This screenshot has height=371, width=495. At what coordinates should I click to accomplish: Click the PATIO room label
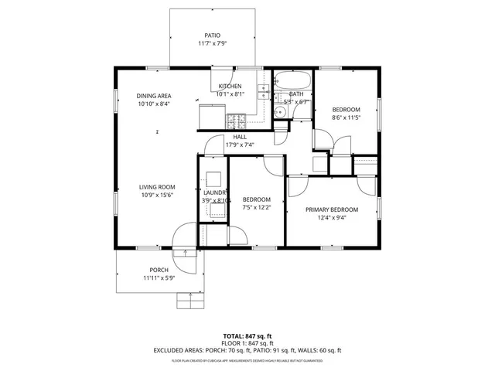(212, 36)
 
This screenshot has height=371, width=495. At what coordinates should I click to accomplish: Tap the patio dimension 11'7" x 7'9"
(212, 44)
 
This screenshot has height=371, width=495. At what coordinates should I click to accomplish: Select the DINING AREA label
(154, 95)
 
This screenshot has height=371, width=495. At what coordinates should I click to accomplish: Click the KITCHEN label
(230, 86)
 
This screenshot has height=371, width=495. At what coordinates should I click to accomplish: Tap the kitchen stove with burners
(236, 121)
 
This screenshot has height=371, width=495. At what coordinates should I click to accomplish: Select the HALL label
(240, 136)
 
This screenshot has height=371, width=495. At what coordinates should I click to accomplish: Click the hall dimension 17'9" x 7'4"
(240, 145)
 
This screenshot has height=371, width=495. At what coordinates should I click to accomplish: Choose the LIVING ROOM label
(157, 186)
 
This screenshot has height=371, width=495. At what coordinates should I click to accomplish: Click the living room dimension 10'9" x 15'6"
(157, 195)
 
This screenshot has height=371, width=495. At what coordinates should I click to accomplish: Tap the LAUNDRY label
(214, 192)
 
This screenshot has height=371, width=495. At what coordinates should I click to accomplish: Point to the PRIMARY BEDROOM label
(331, 209)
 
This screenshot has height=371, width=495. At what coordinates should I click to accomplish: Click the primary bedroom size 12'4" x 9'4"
(331, 218)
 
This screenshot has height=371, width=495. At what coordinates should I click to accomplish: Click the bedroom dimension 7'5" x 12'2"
(257, 207)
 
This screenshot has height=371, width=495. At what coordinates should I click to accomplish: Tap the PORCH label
(159, 270)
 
